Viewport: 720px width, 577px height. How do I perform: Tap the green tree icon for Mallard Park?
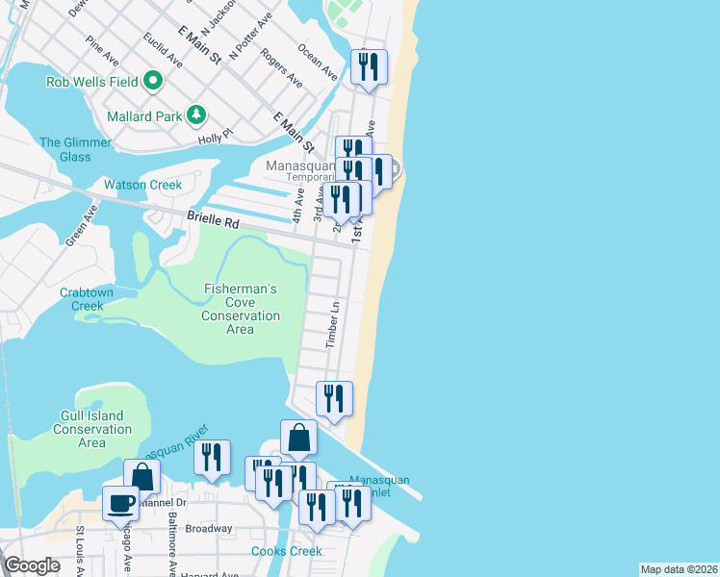(x=196, y=115)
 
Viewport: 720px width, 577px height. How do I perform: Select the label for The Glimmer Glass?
(x=75, y=150)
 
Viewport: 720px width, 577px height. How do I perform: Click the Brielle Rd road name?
(x=213, y=220)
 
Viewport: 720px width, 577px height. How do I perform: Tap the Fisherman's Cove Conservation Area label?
(x=240, y=309)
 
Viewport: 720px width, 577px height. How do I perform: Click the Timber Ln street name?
(x=334, y=324)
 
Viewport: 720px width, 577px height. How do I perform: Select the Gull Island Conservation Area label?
(x=91, y=429)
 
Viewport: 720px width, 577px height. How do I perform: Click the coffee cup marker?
(x=120, y=504)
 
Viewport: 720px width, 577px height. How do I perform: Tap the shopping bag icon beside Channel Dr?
(x=141, y=475)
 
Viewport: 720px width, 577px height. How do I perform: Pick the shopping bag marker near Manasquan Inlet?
(x=299, y=438)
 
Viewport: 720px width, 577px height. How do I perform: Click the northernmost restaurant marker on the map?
(x=369, y=66)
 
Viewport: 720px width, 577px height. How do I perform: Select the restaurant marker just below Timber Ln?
(x=334, y=398)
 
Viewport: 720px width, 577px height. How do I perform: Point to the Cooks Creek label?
(x=286, y=551)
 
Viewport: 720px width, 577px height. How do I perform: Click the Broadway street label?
(x=209, y=528)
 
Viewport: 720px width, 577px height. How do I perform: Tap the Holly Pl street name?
(x=215, y=138)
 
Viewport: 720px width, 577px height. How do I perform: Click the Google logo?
(x=32, y=565)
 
